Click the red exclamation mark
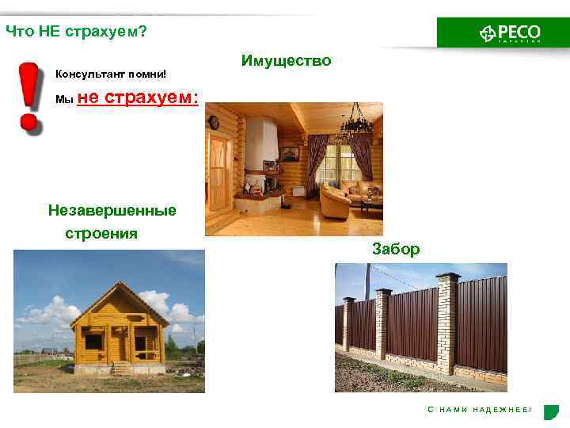click(x=29, y=95)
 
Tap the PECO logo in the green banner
click(x=510, y=32)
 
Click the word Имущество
click(x=287, y=61)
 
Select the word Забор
click(x=396, y=249)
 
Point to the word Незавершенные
click(x=112, y=211)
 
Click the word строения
click(x=101, y=234)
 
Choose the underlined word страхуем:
click(x=151, y=97)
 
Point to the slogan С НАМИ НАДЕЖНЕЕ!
click(x=480, y=409)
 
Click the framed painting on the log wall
click(x=290, y=153)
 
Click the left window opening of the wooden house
click(x=93, y=342)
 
